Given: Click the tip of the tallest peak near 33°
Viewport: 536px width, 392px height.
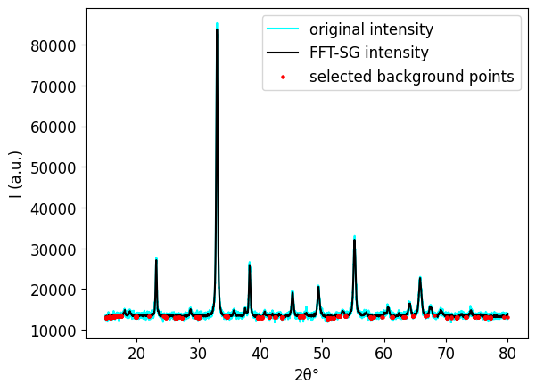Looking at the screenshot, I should pos(217,25).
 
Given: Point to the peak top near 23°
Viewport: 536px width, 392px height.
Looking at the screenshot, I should pos(156,259).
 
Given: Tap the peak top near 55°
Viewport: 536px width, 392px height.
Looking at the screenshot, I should pos(354,238).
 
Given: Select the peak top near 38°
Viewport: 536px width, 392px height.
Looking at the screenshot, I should pos(249,264).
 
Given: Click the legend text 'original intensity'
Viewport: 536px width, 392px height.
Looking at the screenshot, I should pos(371,29).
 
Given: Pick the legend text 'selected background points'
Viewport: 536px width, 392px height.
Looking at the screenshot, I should pos(412,77).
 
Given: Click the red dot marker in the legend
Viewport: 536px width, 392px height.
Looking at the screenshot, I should pos(284,77).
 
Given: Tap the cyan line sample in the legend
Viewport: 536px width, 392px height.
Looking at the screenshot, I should pos(284,29).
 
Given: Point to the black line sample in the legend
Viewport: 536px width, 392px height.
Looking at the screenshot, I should pos(284,53).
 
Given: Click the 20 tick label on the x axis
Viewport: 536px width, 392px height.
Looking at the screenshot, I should pos(136,354).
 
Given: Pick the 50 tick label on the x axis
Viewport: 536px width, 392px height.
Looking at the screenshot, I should pos(322,354).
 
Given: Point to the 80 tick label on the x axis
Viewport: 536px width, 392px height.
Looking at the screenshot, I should pos(507,354).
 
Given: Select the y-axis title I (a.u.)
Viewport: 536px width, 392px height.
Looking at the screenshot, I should pos(16,175).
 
